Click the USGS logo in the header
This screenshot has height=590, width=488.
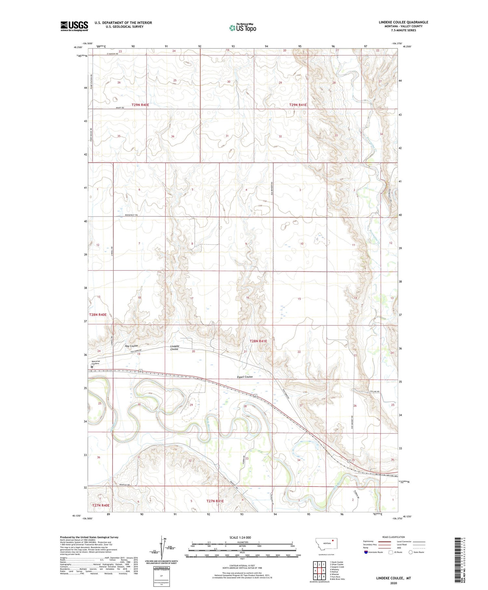click(x=74, y=26)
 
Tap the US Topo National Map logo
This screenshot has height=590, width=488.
click(x=243, y=28)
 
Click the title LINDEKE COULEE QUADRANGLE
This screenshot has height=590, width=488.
click(x=403, y=22)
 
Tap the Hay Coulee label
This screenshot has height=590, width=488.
click(x=131, y=346)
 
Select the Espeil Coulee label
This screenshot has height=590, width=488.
click(x=244, y=377)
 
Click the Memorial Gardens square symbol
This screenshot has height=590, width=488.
click(x=92, y=367)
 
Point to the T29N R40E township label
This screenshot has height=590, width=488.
click(x=140, y=105)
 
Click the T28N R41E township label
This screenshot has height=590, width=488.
click(x=258, y=341)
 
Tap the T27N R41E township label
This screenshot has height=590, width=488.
click(x=215, y=501)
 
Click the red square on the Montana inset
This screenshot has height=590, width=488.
click(x=333, y=542)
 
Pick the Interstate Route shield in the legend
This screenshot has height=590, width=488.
click(x=366, y=552)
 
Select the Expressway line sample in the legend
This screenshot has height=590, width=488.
click(x=384, y=542)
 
